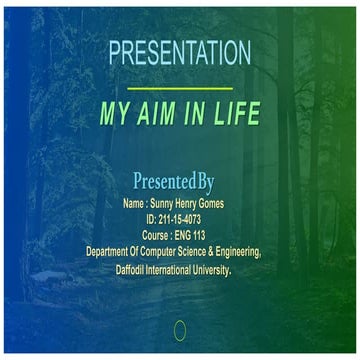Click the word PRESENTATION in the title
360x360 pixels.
179,53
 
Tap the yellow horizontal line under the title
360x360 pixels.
180,88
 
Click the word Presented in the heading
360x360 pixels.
163,182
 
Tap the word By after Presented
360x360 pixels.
205,182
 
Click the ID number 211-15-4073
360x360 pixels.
187,219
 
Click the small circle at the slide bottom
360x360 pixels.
180,329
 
